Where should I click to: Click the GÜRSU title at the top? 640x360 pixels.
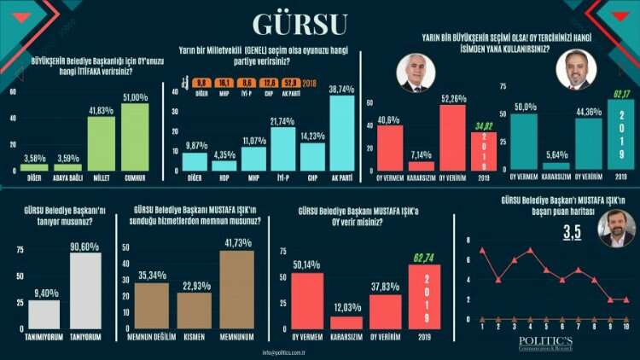320,23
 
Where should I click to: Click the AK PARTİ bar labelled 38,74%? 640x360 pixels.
341,133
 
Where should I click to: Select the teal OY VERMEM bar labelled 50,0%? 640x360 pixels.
523,142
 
